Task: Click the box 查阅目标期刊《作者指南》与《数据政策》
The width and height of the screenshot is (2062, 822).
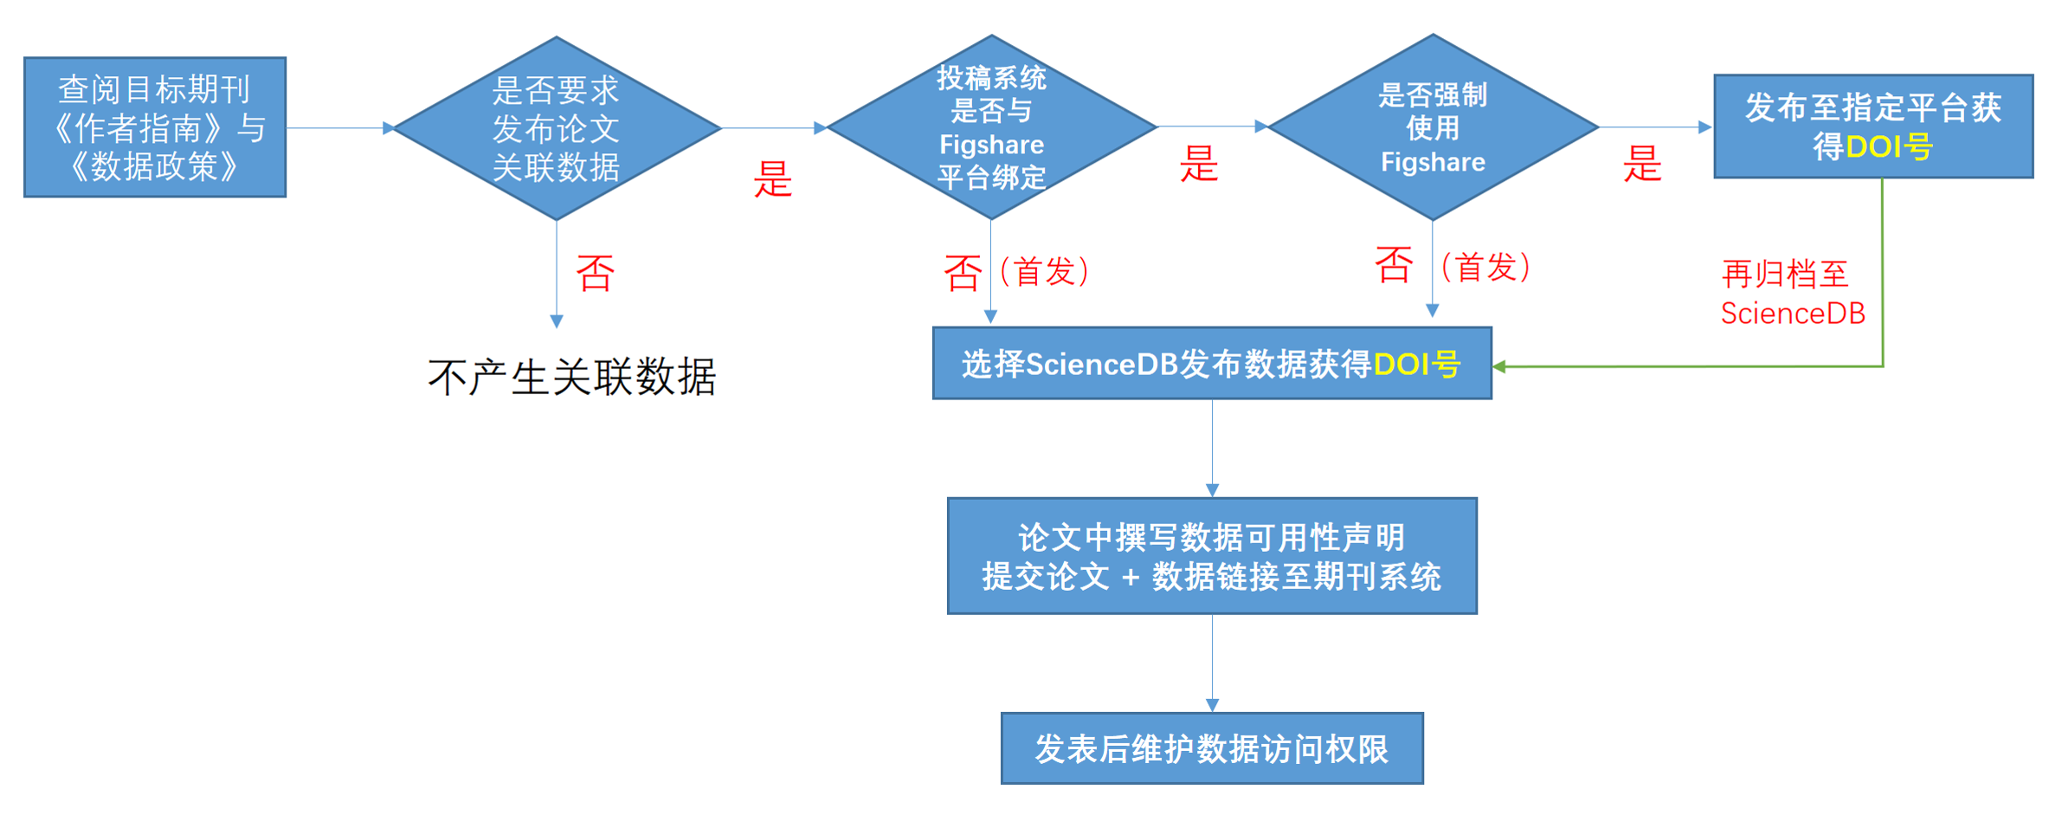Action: [155, 127]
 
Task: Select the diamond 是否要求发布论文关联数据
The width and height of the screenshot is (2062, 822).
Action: [557, 128]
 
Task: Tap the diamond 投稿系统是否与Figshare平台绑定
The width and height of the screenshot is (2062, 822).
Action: [991, 127]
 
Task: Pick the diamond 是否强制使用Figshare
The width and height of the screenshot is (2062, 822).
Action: [1433, 127]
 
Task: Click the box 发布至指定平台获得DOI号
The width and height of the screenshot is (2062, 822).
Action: [1872, 126]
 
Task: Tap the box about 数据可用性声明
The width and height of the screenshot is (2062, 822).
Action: [1212, 556]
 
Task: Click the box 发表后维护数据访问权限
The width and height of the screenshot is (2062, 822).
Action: [1212, 748]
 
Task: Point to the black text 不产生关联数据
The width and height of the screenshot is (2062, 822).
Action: [572, 377]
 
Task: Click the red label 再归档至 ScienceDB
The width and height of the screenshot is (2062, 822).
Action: [1792, 293]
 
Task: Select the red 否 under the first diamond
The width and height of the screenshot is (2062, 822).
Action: [596, 273]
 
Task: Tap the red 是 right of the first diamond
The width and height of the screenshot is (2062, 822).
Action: [773, 179]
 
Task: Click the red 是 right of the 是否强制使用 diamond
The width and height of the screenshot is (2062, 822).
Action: [1642, 164]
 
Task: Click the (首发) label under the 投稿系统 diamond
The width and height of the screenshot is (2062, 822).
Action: [1044, 271]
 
